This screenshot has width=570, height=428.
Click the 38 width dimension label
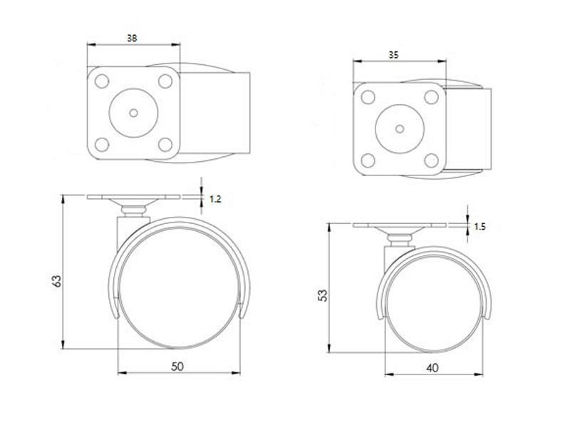(133, 39)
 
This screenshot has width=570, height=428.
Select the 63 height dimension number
(56, 282)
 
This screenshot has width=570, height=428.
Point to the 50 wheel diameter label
(178, 366)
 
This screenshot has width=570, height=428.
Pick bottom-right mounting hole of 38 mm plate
(166, 145)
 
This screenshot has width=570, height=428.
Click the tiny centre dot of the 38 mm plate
(134, 112)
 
